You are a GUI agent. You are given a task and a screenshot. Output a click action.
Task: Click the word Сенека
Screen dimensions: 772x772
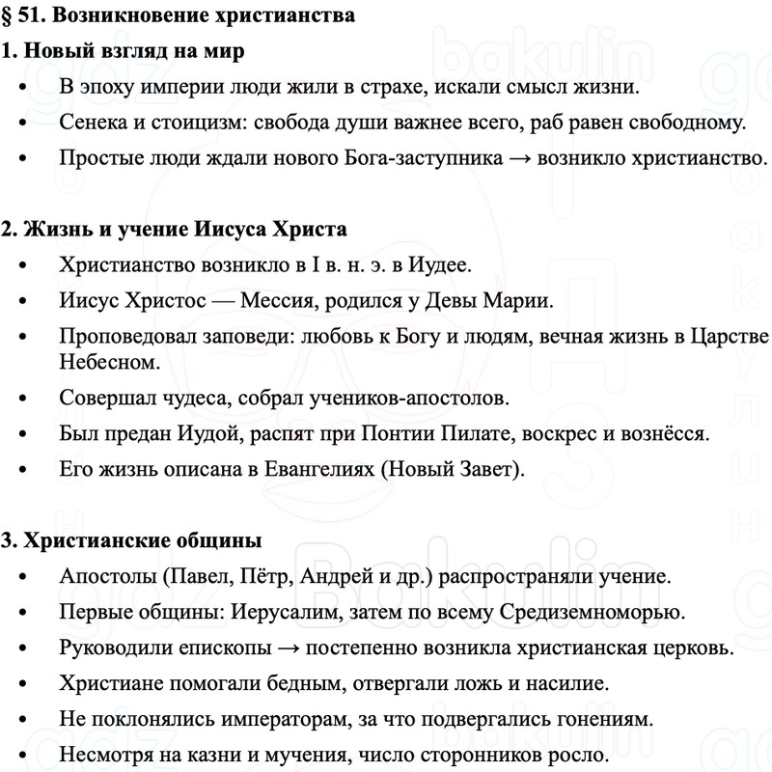coord(93,123)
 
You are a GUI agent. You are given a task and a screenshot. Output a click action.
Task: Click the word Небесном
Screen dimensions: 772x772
coord(106,361)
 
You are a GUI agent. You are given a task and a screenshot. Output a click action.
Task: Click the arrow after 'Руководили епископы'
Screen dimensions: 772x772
coord(239,648)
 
